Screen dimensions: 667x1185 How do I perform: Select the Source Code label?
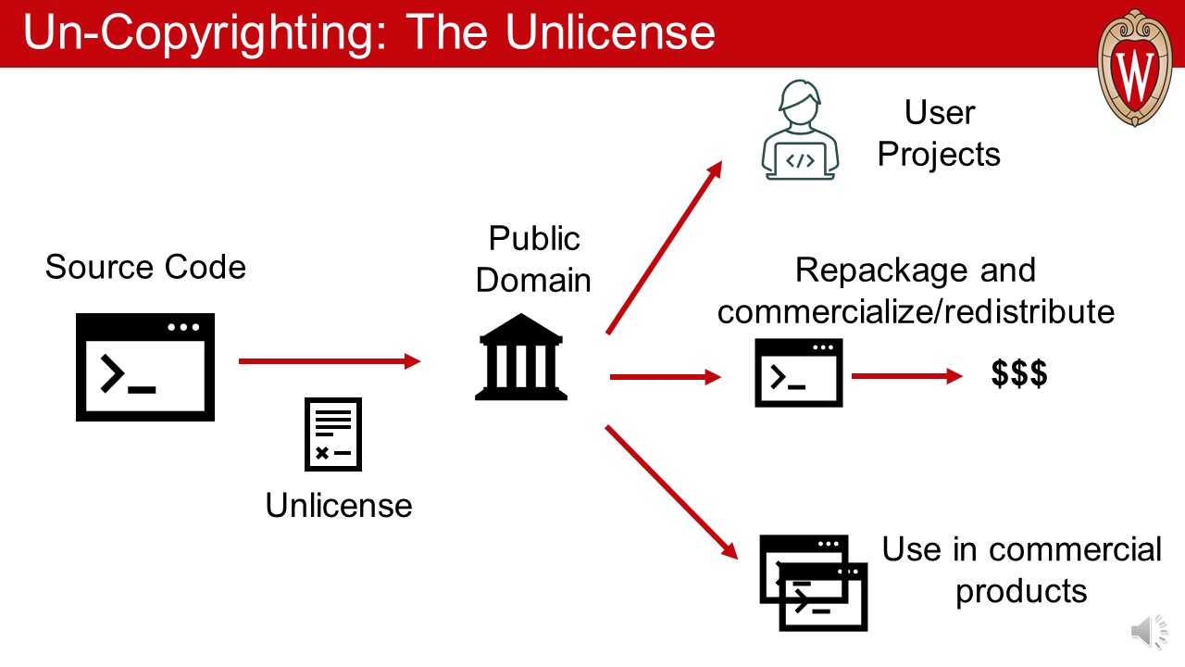145,267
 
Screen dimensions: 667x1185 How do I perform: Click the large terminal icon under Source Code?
145,367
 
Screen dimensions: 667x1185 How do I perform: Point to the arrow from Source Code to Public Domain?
329,361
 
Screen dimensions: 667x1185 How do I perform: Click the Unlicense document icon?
333,434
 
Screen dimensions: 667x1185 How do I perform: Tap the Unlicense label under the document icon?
339,505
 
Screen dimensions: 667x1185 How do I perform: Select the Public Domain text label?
533,258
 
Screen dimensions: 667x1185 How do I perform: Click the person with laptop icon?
800,130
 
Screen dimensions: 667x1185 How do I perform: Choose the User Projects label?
939,133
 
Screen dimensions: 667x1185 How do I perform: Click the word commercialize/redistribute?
916,311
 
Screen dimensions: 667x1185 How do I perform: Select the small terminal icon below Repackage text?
799,372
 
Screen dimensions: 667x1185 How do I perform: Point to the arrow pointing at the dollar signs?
907,376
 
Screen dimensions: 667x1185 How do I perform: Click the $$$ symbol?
1019,374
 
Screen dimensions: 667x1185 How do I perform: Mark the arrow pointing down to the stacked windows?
671,491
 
